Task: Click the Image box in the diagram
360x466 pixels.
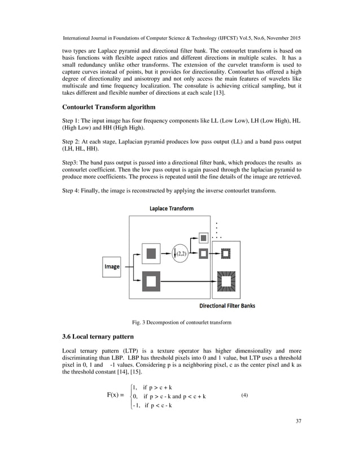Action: pyautogui.click(x=111, y=266)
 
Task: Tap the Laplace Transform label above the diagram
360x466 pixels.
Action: pyautogui.click(x=171, y=208)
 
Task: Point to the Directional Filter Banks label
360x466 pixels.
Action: pyautogui.click(x=227, y=306)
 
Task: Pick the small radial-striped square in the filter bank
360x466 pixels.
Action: pyautogui.click(x=226, y=254)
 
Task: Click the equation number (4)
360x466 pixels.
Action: pyautogui.click(x=244, y=395)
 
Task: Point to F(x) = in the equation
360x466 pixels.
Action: pyautogui.click(x=115, y=395)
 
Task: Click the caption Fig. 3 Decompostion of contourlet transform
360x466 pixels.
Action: pyautogui.click(x=182, y=322)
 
